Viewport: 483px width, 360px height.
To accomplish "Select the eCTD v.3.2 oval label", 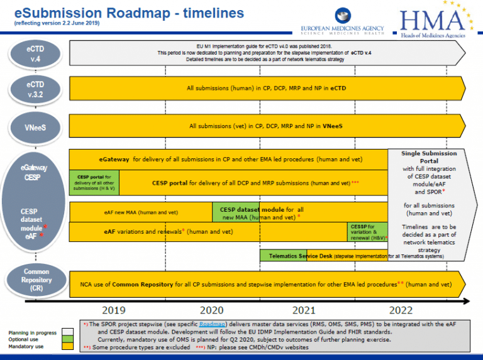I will (x=35, y=89).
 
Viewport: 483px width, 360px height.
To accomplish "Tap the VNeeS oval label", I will (x=35, y=126).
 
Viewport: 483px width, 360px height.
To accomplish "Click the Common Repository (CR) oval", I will (x=35, y=280).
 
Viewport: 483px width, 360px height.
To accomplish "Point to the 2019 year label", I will (x=113, y=310).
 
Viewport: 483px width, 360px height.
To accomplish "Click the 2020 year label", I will (x=211, y=310).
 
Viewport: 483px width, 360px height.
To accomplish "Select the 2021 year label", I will (x=304, y=310).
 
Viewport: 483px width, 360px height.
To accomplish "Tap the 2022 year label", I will (x=401, y=310).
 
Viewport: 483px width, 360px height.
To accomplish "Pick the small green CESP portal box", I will (x=94, y=183).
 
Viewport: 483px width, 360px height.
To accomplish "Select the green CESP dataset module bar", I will (x=261, y=212).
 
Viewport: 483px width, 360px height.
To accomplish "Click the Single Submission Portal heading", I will (x=420, y=156).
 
